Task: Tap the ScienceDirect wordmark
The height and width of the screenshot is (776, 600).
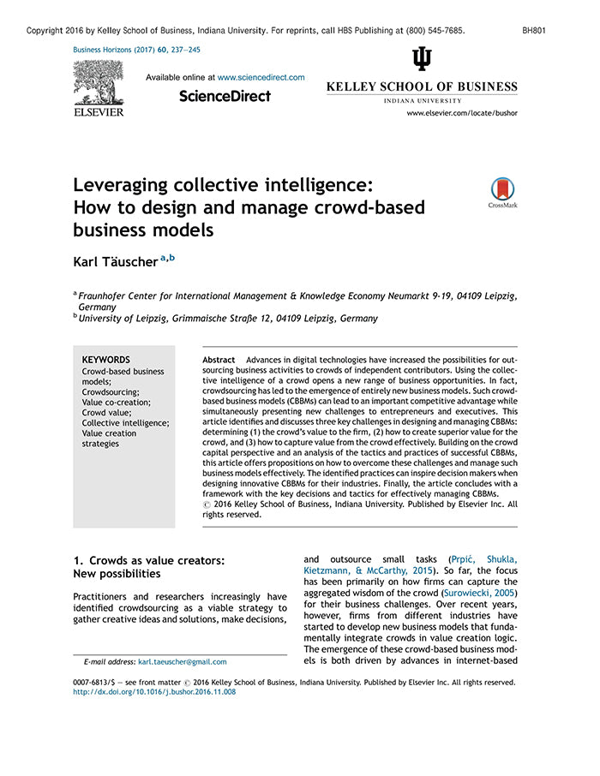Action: click(x=225, y=96)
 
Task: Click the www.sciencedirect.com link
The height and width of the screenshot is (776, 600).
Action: click(x=261, y=77)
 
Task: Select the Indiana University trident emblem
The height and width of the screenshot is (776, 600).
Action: click(x=422, y=59)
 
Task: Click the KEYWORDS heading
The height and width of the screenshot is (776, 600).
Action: click(x=105, y=360)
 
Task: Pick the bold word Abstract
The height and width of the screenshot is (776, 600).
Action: click(x=219, y=360)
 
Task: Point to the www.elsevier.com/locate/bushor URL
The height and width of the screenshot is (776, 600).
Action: click(x=461, y=113)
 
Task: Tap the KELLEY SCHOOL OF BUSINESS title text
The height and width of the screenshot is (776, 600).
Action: click(x=422, y=87)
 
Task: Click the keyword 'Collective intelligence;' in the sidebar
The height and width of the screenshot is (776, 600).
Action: click(x=125, y=422)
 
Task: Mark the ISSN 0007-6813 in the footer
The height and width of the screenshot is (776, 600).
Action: click(x=96, y=683)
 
